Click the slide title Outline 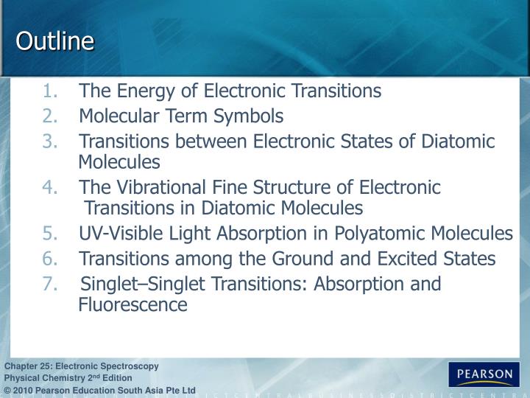pos(55,42)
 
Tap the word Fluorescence pos(133,304)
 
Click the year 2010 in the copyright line pos(24,390)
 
